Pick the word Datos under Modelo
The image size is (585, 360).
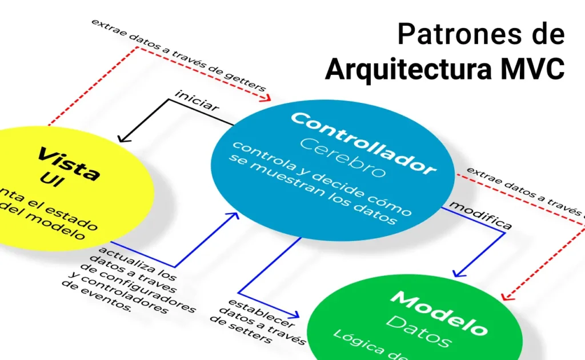tap(420, 331)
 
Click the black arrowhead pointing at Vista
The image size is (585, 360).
tap(121, 139)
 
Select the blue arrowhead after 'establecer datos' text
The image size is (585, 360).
tap(295, 314)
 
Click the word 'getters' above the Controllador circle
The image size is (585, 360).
tap(249, 82)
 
